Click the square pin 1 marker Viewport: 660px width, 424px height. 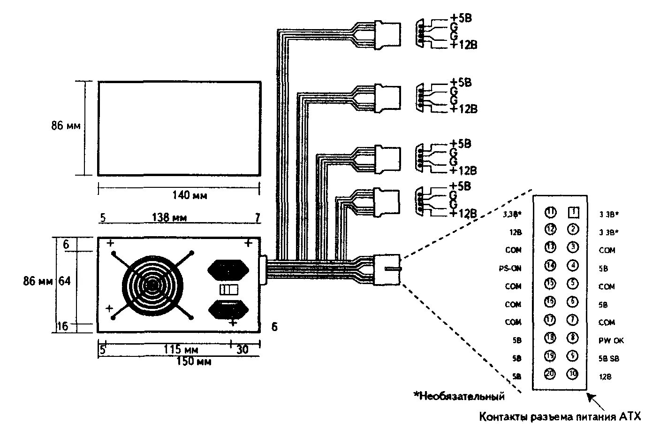coord(573,213)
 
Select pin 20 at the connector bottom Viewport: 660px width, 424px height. coord(551,374)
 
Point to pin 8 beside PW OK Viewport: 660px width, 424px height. coord(573,338)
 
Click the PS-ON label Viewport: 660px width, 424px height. coord(510,269)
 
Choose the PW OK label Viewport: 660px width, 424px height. coord(611,340)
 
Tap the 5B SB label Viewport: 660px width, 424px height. coord(609,359)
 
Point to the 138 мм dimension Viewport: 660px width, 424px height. coord(169,217)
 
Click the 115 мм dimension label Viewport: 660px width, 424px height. coord(181,350)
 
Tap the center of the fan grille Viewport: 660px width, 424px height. coord(152,285)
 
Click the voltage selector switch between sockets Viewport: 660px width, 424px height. coord(229,288)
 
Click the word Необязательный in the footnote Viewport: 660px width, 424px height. coord(462,396)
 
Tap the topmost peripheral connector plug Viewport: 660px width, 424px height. coord(387,34)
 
